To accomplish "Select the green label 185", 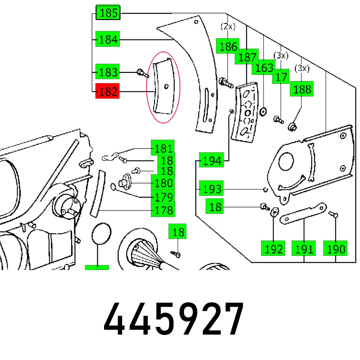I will [108, 13].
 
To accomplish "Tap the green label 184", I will [108, 39].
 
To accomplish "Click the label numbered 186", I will [228, 46].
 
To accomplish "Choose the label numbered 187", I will [247, 57].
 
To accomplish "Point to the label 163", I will [264, 68].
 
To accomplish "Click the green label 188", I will [302, 89].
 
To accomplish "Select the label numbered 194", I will [212, 161].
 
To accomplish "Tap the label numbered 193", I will [212, 188].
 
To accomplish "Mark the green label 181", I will [163, 148].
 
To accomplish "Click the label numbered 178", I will [163, 210].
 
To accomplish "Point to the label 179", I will [163, 197].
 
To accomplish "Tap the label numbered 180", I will [163, 184].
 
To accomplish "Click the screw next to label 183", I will [142, 73].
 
